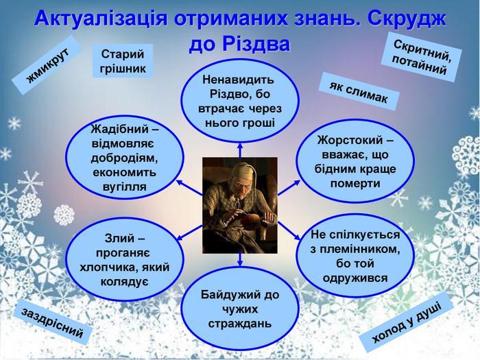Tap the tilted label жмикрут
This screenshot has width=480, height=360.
[x=47, y=64]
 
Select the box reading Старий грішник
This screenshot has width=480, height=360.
[x=123, y=60]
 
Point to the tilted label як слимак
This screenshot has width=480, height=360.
[x=359, y=93]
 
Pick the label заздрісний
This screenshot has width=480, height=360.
[x=52, y=323]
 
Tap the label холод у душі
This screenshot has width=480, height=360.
[x=406, y=323]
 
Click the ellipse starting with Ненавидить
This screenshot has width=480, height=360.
[x=240, y=101]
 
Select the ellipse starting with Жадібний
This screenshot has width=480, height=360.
[x=125, y=158]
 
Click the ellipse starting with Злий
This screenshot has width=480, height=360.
[x=125, y=260]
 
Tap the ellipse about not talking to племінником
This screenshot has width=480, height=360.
[x=355, y=256]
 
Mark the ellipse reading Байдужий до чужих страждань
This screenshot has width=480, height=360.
[x=240, y=309]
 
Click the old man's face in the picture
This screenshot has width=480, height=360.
[x=243, y=184]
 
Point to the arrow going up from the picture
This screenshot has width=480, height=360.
[x=240, y=150]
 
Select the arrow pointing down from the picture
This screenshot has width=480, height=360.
[x=240, y=260]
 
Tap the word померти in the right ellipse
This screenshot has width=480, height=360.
[x=355, y=183]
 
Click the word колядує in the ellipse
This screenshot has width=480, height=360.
[x=125, y=281]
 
